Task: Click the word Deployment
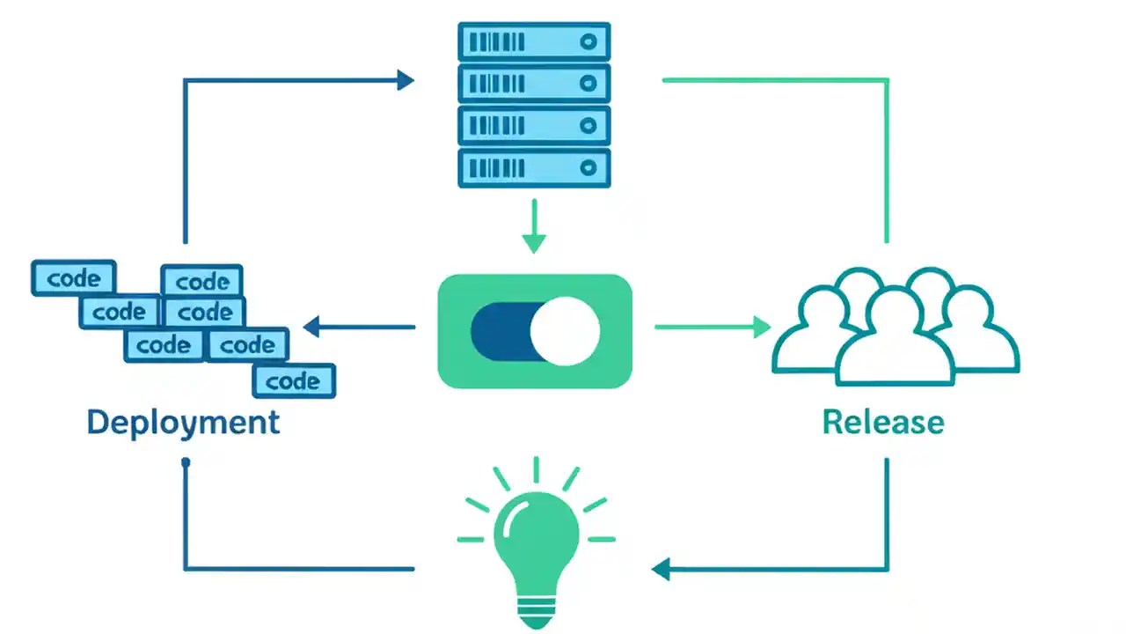tap(183, 422)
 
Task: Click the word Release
tap(883, 422)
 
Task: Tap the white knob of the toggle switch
tap(565, 331)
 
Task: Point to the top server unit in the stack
tap(534, 41)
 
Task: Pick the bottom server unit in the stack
tap(534, 167)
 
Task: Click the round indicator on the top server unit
tap(589, 41)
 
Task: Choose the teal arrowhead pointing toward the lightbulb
tap(661, 569)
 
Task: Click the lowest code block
tap(293, 381)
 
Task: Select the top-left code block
tap(74, 278)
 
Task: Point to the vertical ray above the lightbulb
tap(536, 469)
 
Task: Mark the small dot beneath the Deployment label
tap(185, 462)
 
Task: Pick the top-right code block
tap(202, 282)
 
